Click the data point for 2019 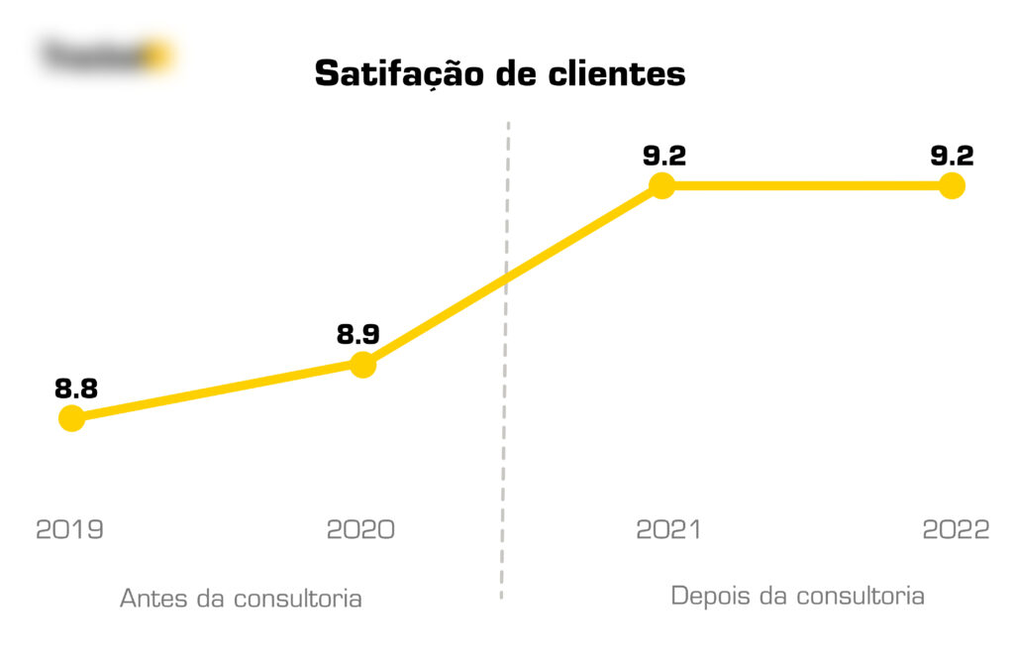[x=71, y=418]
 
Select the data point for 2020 [x=363, y=365]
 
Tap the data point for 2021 [x=661, y=185]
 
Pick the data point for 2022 [x=952, y=185]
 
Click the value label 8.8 [x=75, y=389]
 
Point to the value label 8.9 [x=358, y=335]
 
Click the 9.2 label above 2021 [x=664, y=156]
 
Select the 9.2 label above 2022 [x=952, y=156]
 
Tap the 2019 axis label [x=69, y=529]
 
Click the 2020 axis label [x=360, y=529]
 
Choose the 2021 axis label [x=668, y=529]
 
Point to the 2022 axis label [x=956, y=529]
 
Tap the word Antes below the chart [x=149, y=599]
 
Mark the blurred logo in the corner [x=106, y=55]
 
